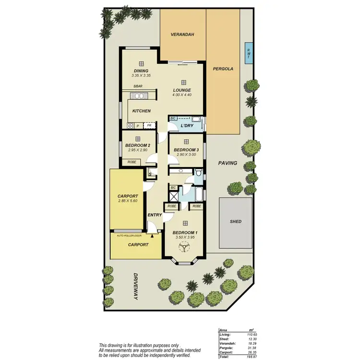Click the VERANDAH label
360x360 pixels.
[x=182, y=35]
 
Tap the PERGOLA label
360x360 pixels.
[x=223, y=69]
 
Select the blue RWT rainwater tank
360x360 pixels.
[x=248, y=52]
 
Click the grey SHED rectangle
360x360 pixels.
[x=236, y=222]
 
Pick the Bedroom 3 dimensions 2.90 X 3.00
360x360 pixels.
[x=185, y=155]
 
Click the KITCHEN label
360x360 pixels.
[x=142, y=111]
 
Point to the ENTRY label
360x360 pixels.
[x=155, y=215]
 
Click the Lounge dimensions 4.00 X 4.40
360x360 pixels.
[x=182, y=95]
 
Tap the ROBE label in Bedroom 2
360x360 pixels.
[x=132, y=162]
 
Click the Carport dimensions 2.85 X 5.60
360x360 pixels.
[x=128, y=201]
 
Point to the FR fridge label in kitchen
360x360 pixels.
[x=149, y=126]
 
